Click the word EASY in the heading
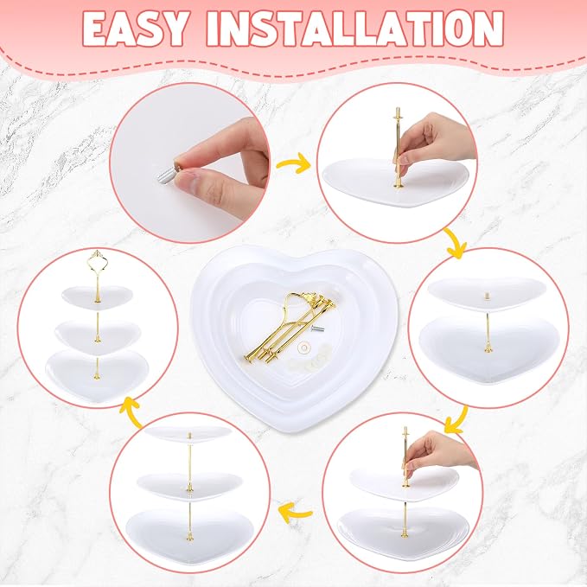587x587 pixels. tap(135, 29)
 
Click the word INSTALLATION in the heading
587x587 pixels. tap(355, 29)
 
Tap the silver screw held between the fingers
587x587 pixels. tap(167, 175)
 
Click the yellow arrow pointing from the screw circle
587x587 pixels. tap(293, 163)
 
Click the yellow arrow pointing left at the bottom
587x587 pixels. tap(296, 513)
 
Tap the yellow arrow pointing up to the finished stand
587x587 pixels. tap(131, 412)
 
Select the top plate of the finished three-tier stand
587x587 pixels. tap(98, 297)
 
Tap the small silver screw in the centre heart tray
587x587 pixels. tap(317, 329)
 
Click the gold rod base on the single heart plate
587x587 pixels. tap(398, 185)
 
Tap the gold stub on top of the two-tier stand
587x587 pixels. tap(487, 297)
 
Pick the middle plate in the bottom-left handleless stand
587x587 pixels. tap(189, 486)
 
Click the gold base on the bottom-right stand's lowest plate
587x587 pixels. tap(405, 534)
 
